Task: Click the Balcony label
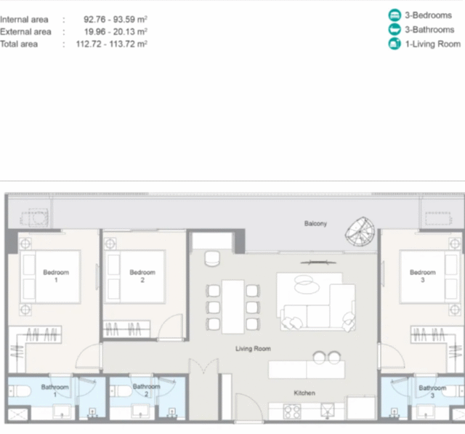pos(315,223)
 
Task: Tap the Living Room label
pos(253,348)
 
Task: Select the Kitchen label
pos(304,393)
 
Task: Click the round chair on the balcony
pos(360,232)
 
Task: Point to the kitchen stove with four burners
pos(292,411)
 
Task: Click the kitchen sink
pos(328,411)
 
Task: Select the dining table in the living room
pos(233,307)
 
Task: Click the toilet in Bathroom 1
pos(20,391)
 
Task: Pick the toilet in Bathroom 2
pos(121,391)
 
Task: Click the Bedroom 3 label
pos(423,276)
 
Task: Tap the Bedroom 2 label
pos(142,276)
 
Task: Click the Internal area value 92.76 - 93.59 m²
pos(116,20)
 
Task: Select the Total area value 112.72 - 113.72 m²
pos(111,44)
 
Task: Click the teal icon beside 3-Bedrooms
pos(395,15)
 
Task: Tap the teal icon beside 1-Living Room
pos(395,44)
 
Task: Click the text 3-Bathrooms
pos(429,30)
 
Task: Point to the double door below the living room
pos(203,366)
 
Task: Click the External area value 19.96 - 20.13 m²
pos(116,31)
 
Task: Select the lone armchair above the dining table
pos(212,258)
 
